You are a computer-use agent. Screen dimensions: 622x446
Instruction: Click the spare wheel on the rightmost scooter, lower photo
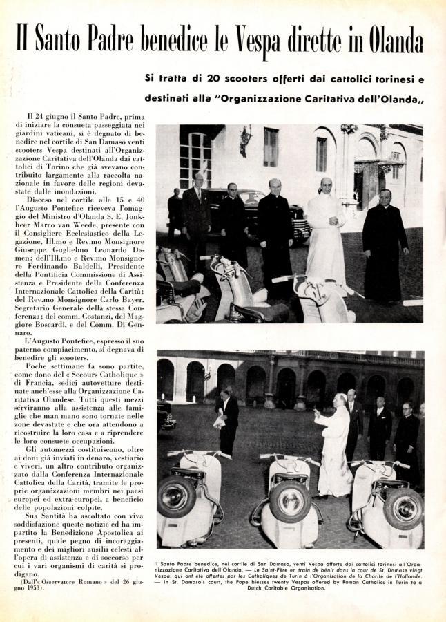[x=404, y=507]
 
